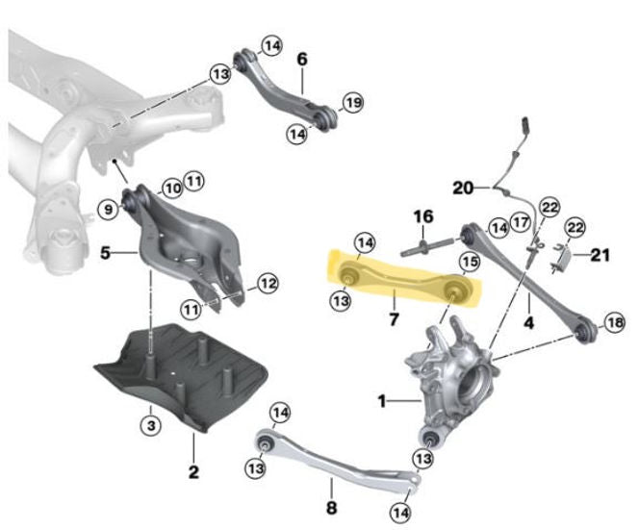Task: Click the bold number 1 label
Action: [381, 402]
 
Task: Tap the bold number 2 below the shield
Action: [193, 471]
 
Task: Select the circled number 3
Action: [151, 426]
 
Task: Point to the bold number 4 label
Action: [528, 322]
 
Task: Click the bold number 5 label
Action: [105, 253]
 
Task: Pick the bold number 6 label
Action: [302, 59]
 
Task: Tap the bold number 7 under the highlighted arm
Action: [394, 319]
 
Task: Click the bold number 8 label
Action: [332, 508]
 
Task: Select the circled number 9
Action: [109, 210]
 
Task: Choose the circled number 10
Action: [173, 189]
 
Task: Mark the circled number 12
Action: [268, 283]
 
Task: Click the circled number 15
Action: [470, 262]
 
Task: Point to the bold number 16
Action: [423, 216]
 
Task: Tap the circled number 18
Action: [615, 322]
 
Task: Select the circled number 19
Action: [353, 102]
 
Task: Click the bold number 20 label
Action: [463, 188]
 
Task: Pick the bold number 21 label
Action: [600, 256]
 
